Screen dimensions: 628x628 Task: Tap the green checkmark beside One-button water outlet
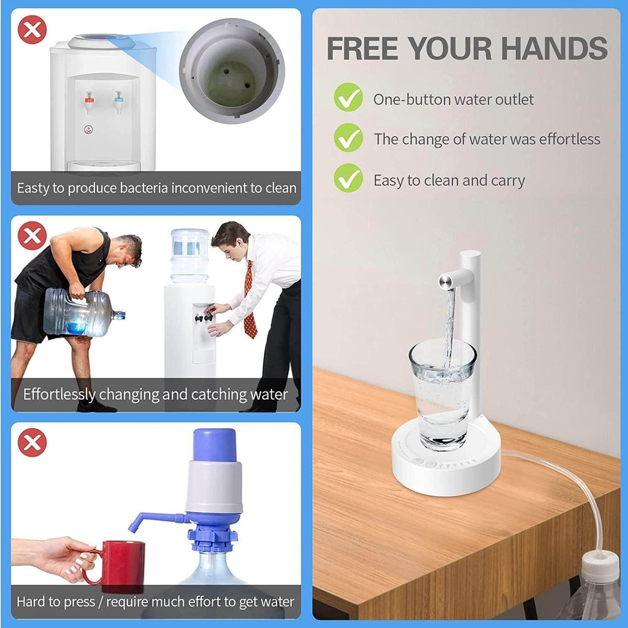(x=348, y=98)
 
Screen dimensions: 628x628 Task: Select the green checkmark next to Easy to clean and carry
(x=348, y=178)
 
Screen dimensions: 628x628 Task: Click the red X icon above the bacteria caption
(x=32, y=30)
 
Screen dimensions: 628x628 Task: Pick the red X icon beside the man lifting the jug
(x=32, y=236)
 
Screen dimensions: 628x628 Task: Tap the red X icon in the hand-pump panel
(x=32, y=442)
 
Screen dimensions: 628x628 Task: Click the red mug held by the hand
(x=122, y=566)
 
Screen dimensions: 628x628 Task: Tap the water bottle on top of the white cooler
(x=190, y=255)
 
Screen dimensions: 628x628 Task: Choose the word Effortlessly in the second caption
(x=59, y=394)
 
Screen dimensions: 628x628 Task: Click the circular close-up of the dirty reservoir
(x=232, y=71)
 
